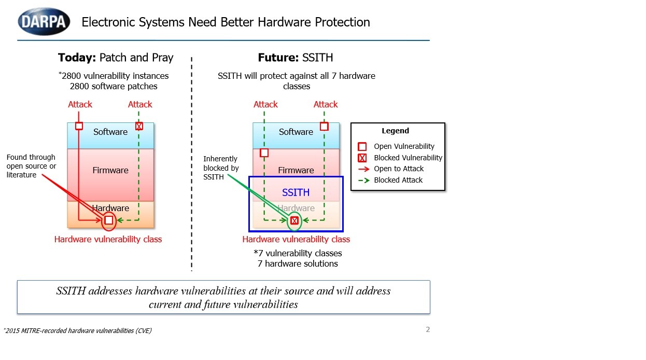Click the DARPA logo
pos(44,22)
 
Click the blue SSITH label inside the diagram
pos(296,192)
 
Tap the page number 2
pos(428,329)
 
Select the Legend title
pos(395,131)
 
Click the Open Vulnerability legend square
pos(362,147)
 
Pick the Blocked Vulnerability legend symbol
pos(362,158)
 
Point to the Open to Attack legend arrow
pos(363,169)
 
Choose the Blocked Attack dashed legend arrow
pos(363,181)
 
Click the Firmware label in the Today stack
pos(110,170)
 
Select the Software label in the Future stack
pos(296,132)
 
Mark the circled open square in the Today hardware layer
pos(109,220)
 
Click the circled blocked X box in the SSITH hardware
pos(294,220)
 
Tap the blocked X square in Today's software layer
pos(139,126)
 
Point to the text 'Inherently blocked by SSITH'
pos(221,168)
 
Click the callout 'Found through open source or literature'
pos(31,166)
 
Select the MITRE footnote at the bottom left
pos(78,330)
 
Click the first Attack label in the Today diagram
pos(80,104)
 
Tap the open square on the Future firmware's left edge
pos(264,153)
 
